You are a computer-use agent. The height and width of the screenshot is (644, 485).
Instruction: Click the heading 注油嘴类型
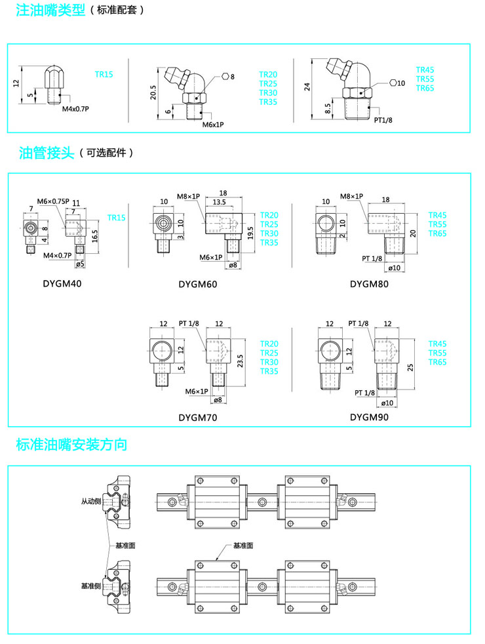tap(50, 10)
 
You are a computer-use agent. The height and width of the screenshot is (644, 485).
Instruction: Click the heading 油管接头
tap(44, 153)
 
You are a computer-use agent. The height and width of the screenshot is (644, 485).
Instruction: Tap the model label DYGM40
tap(62, 284)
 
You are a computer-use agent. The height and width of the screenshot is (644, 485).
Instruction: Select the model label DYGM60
tap(197, 284)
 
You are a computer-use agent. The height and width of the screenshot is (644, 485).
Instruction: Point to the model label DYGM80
tap(369, 284)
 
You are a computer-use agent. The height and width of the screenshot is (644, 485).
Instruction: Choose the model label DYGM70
tap(197, 417)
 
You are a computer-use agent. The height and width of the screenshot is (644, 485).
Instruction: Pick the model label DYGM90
tap(369, 417)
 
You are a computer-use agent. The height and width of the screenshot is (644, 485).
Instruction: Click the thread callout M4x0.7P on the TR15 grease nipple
tap(75, 109)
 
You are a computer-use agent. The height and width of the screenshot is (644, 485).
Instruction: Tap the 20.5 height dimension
tap(153, 92)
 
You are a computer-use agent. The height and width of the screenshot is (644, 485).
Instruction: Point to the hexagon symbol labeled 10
tap(393, 83)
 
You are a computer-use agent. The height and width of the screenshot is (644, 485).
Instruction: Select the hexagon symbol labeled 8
tap(225, 76)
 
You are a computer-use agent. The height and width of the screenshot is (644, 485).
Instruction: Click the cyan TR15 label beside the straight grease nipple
tap(104, 74)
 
